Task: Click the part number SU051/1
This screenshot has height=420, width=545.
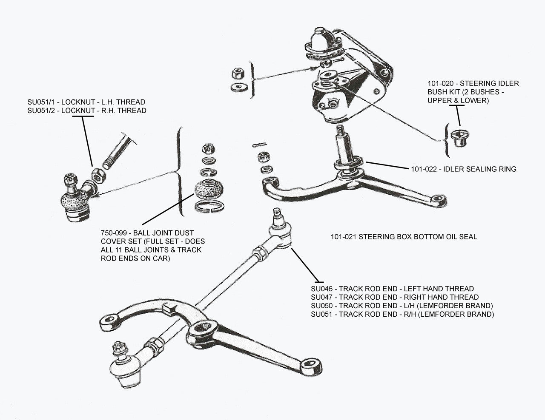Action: [x=40, y=102]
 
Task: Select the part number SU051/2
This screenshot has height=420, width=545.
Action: [x=40, y=111]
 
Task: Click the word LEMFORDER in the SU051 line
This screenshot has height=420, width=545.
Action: [x=457, y=315]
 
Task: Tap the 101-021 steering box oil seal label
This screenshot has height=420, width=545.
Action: [x=404, y=237]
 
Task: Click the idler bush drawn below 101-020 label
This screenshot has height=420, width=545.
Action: [x=460, y=137]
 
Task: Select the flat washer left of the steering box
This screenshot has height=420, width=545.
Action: [x=237, y=87]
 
